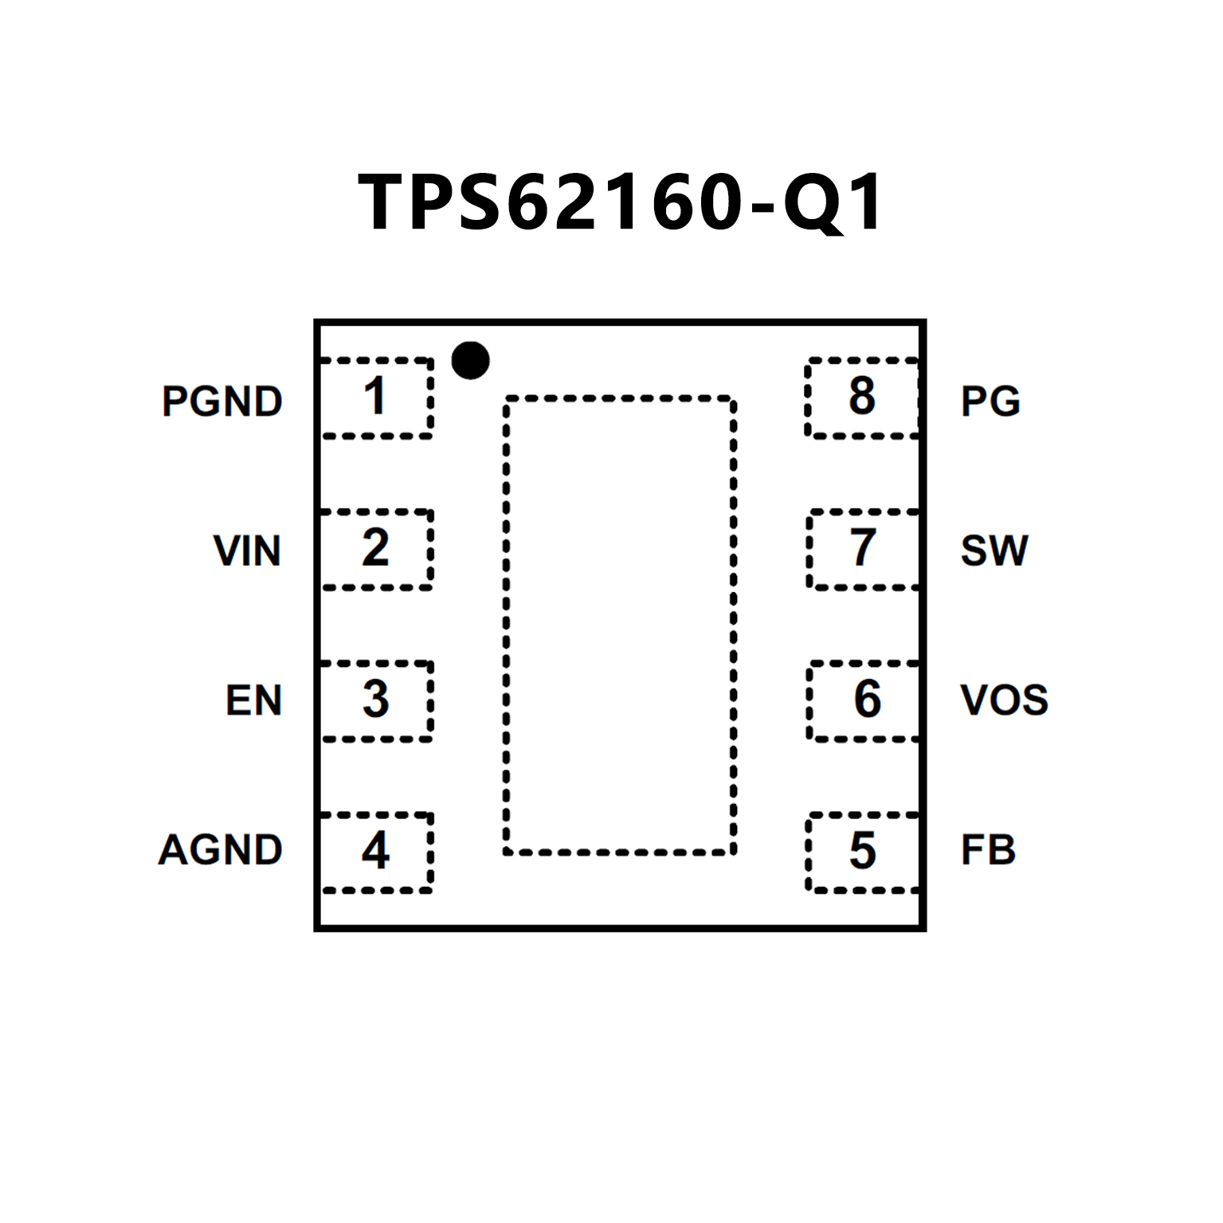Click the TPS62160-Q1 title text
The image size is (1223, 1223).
point(620,202)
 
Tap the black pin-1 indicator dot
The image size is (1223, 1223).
point(470,360)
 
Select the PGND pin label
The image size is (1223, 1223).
point(222,401)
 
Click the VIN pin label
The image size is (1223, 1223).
point(247,551)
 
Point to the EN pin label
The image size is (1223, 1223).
point(254,700)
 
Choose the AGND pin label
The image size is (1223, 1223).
point(221,850)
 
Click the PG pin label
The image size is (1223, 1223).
point(990,401)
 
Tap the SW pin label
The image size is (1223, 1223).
point(994,551)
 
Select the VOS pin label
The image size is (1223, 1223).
point(1004,700)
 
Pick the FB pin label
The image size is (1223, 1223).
point(988,850)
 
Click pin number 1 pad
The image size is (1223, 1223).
point(376,398)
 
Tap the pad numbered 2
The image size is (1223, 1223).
point(376,549)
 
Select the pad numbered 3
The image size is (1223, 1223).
point(376,700)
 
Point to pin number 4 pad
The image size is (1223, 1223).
point(376,852)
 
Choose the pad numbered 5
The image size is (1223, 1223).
point(863,852)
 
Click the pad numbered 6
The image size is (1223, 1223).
point(863,700)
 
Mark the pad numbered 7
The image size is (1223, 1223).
point(863,549)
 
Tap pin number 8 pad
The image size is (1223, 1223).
point(863,398)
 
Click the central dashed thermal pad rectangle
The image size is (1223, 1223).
point(619,625)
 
